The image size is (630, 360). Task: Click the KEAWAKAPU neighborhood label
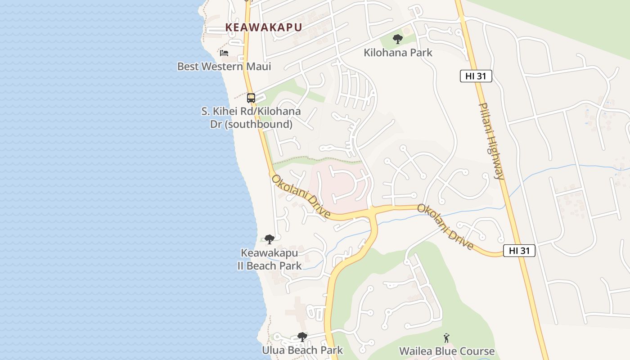pyautogui.click(x=263, y=27)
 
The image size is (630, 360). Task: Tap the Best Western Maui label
pyautogui.click(x=224, y=67)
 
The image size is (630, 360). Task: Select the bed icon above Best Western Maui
pyautogui.click(x=224, y=53)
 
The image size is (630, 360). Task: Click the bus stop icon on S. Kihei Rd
pyautogui.click(x=251, y=98)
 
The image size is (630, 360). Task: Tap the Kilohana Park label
pyautogui.click(x=398, y=53)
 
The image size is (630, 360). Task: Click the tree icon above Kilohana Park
pyautogui.click(x=397, y=39)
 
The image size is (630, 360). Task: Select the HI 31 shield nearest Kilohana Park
pyautogui.click(x=476, y=76)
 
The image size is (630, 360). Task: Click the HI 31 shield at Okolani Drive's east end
pyautogui.click(x=519, y=251)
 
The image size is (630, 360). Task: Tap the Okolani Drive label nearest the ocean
pyautogui.click(x=301, y=197)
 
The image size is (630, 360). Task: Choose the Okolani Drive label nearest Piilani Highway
pyautogui.click(x=445, y=227)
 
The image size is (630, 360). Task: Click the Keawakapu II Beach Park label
pyautogui.click(x=269, y=259)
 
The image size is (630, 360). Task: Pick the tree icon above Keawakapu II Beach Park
pyautogui.click(x=269, y=239)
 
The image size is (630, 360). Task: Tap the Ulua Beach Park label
pyautogui.click(x=302, y=350)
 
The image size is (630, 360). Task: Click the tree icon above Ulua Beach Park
pyautogui.click(x=302, y=337)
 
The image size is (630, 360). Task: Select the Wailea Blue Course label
pyautogui.click(x=446, y=351)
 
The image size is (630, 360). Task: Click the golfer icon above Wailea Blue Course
pyautogui.click(x=446, y=337)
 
